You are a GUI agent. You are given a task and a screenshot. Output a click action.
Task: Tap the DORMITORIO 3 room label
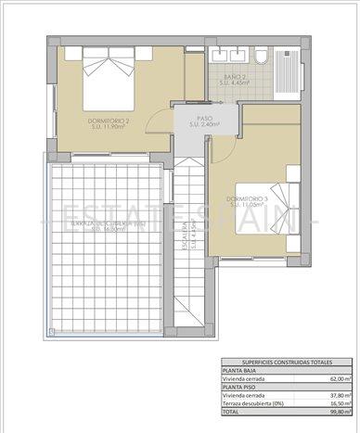(x=247, y=202)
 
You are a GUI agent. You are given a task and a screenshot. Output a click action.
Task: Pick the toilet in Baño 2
(x=263, y=60)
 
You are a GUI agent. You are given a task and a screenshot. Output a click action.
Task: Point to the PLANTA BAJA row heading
(x=240, y=371)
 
